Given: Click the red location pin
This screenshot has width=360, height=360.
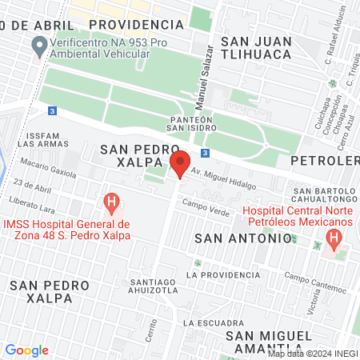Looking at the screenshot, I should click(181, 164).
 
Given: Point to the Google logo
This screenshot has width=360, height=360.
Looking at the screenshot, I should click(26, 350).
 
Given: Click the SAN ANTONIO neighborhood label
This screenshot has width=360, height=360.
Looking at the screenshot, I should click(243, 238).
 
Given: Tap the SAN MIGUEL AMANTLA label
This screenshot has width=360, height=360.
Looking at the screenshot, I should click(267, 341).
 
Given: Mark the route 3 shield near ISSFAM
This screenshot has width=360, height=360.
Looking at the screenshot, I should click(52, 111).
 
